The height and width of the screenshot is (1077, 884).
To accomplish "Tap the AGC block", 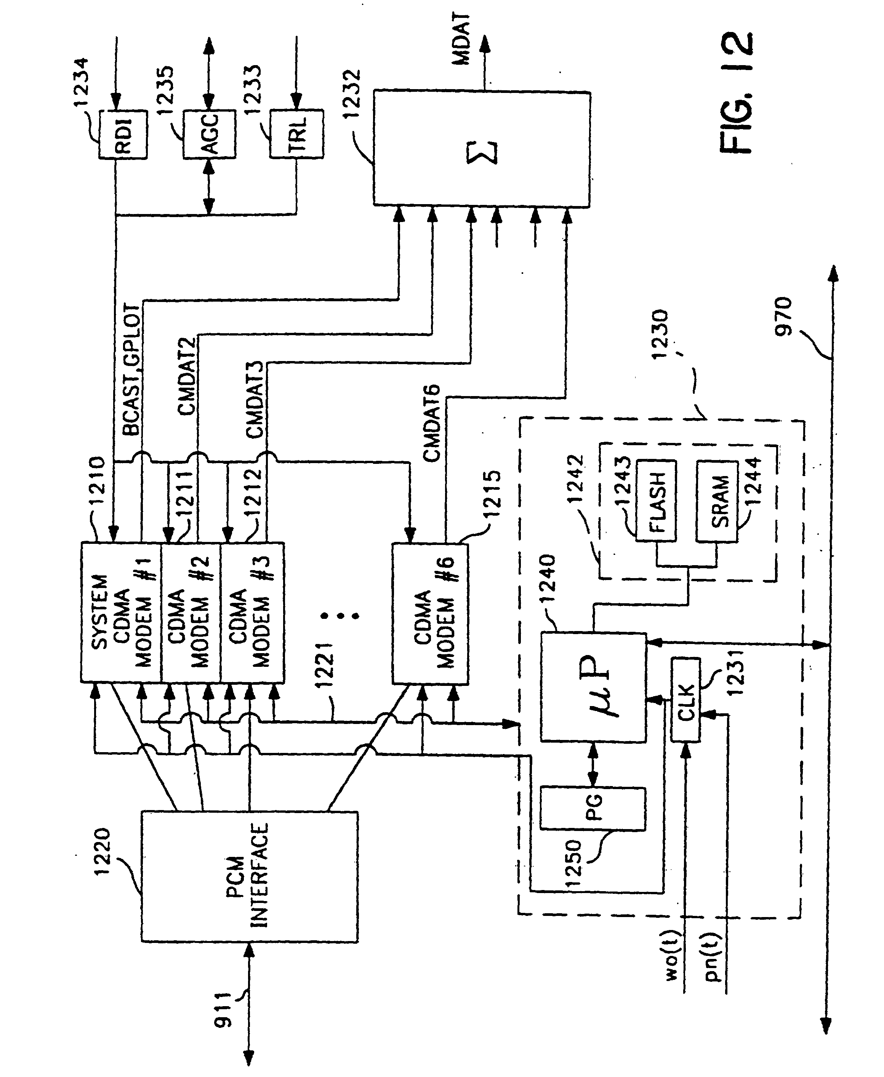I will pos(209,134).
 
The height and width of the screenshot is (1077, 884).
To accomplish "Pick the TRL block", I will pos(296,134).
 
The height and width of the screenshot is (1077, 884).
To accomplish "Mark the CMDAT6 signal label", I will pos(432,423).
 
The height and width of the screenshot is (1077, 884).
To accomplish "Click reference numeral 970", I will pos(784,316).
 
